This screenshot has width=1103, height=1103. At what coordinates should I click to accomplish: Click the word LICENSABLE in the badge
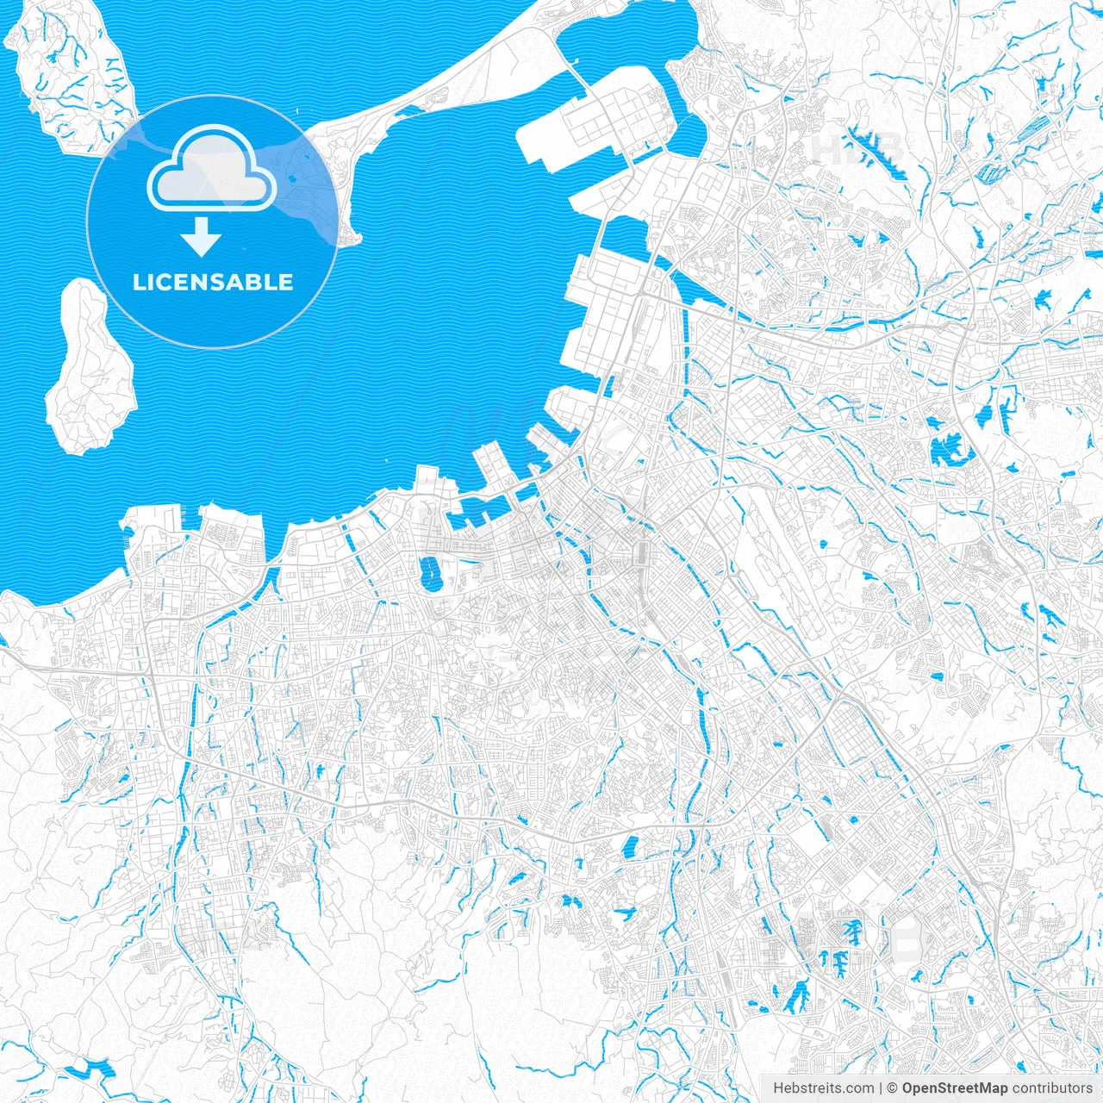click(212, 283)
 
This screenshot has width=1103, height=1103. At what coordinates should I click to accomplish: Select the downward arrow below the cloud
click(202, 237)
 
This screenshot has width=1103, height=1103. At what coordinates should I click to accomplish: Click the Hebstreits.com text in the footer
click(824, 1088)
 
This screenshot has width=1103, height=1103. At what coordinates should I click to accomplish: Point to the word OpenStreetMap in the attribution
click(954, 1088)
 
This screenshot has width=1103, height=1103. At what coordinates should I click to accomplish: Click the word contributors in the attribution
click(1052, 1088)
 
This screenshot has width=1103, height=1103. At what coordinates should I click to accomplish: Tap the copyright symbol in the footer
click(893, 1088)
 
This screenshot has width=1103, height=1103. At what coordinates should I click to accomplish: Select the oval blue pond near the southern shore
click(428, 573)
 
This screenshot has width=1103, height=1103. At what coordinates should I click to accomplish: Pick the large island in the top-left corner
click(73, 73)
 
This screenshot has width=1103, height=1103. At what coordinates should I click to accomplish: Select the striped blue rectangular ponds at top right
click(1021, 142)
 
